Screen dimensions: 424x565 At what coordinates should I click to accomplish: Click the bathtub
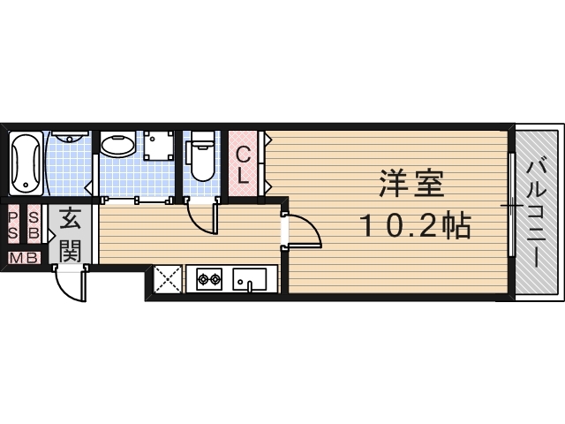26,164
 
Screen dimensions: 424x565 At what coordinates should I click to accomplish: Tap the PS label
15,225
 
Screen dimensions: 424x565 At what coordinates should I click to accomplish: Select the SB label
34,225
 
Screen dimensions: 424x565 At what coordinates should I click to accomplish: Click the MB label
24,257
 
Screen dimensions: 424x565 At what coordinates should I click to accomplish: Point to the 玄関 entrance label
72,234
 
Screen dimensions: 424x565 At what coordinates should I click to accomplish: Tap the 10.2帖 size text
414,227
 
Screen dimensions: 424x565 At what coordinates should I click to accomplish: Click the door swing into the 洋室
305,231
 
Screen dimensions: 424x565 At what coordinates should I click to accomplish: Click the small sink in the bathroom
69,140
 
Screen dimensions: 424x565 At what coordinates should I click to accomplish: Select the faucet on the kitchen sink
251,284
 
